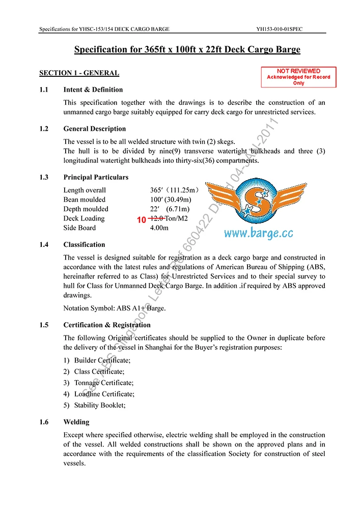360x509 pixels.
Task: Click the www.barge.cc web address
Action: (x=259, y=234)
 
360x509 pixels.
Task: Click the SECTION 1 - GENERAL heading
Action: (x=79, y=73)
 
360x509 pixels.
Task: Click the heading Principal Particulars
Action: (x=96, y=178)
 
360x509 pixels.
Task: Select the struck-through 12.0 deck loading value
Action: (x=156, y=218)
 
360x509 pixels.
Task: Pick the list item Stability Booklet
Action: (x=99, y=405)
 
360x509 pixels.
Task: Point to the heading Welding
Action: (x=76, y=422)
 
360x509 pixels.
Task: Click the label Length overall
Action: (x=85, y=190)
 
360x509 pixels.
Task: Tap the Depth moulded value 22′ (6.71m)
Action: (x=170, y=209)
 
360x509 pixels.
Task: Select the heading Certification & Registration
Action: (x=107, y=325)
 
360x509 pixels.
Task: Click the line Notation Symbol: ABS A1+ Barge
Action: (x=114, y=308)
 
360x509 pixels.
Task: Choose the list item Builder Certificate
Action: (x=102, y=360)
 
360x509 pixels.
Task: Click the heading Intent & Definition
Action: (x=93, y=90)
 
